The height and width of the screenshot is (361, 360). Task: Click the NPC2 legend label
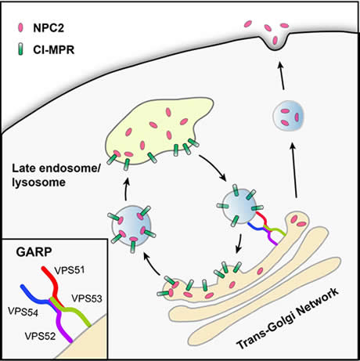(x=49, y=27)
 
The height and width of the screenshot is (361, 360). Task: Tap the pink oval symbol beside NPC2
(x=20, y=27)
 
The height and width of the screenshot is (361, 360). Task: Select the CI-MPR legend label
(x=54, y=49)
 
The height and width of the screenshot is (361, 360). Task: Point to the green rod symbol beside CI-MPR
(x=20, y=49)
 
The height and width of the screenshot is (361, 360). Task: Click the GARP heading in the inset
(x=34, y=252)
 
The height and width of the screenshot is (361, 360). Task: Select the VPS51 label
(x=70, y=270)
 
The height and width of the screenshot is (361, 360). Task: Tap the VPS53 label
(x=87, y=298)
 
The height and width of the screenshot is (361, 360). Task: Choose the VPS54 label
(x=23, y=312)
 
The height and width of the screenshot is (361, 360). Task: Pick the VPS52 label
(x=40, y=336)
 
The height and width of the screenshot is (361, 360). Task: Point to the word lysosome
(x=38, y=182)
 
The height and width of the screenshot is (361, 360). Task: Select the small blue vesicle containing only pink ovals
(x=289, y=115)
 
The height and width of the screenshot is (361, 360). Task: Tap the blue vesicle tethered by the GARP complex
(x=239, y=206)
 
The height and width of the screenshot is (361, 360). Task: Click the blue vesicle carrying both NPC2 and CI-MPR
(x=131, y=226)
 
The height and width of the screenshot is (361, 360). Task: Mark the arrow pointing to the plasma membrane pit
(x=281, y=76)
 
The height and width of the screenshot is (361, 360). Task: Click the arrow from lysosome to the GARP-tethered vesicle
(x=213, y=168)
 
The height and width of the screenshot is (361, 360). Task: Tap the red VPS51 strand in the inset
(x=53, y=286)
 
